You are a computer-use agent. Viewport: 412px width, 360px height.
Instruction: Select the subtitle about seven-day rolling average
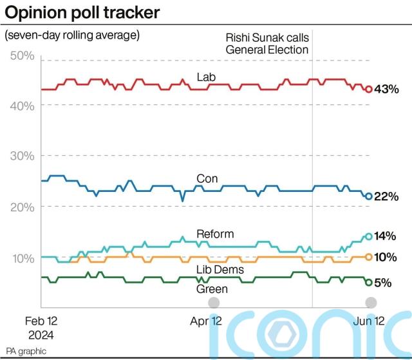tap(71, 35)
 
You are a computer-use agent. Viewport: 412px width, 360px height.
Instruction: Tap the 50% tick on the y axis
tap(22, 56)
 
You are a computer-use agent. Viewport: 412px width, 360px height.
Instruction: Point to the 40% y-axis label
tap(22, 106)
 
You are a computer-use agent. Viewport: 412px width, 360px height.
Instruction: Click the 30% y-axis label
tap(22, 156)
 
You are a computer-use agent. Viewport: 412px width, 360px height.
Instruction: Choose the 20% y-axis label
tap(22, 206)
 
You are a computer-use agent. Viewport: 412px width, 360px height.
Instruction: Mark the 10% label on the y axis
tap(22, 257)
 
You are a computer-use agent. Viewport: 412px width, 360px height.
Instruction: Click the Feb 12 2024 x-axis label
tap(42, 328)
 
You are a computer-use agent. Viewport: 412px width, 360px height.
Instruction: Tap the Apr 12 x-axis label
tap(207, 321)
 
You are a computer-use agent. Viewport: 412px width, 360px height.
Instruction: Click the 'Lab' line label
tap(206, 77)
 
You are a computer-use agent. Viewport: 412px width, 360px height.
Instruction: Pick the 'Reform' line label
tap(215, 233)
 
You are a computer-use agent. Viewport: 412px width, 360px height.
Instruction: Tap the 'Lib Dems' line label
tap(220, 269)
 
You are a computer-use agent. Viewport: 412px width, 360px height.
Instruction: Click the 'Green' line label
tap(212, 289)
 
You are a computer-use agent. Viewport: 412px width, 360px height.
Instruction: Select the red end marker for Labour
tap(368, 90)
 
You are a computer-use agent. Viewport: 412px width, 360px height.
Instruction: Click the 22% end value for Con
tap(386, 196)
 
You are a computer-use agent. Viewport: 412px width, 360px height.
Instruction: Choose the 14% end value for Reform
tap(386, 236)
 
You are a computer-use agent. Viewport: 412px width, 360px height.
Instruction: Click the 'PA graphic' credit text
tap(26, 352)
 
